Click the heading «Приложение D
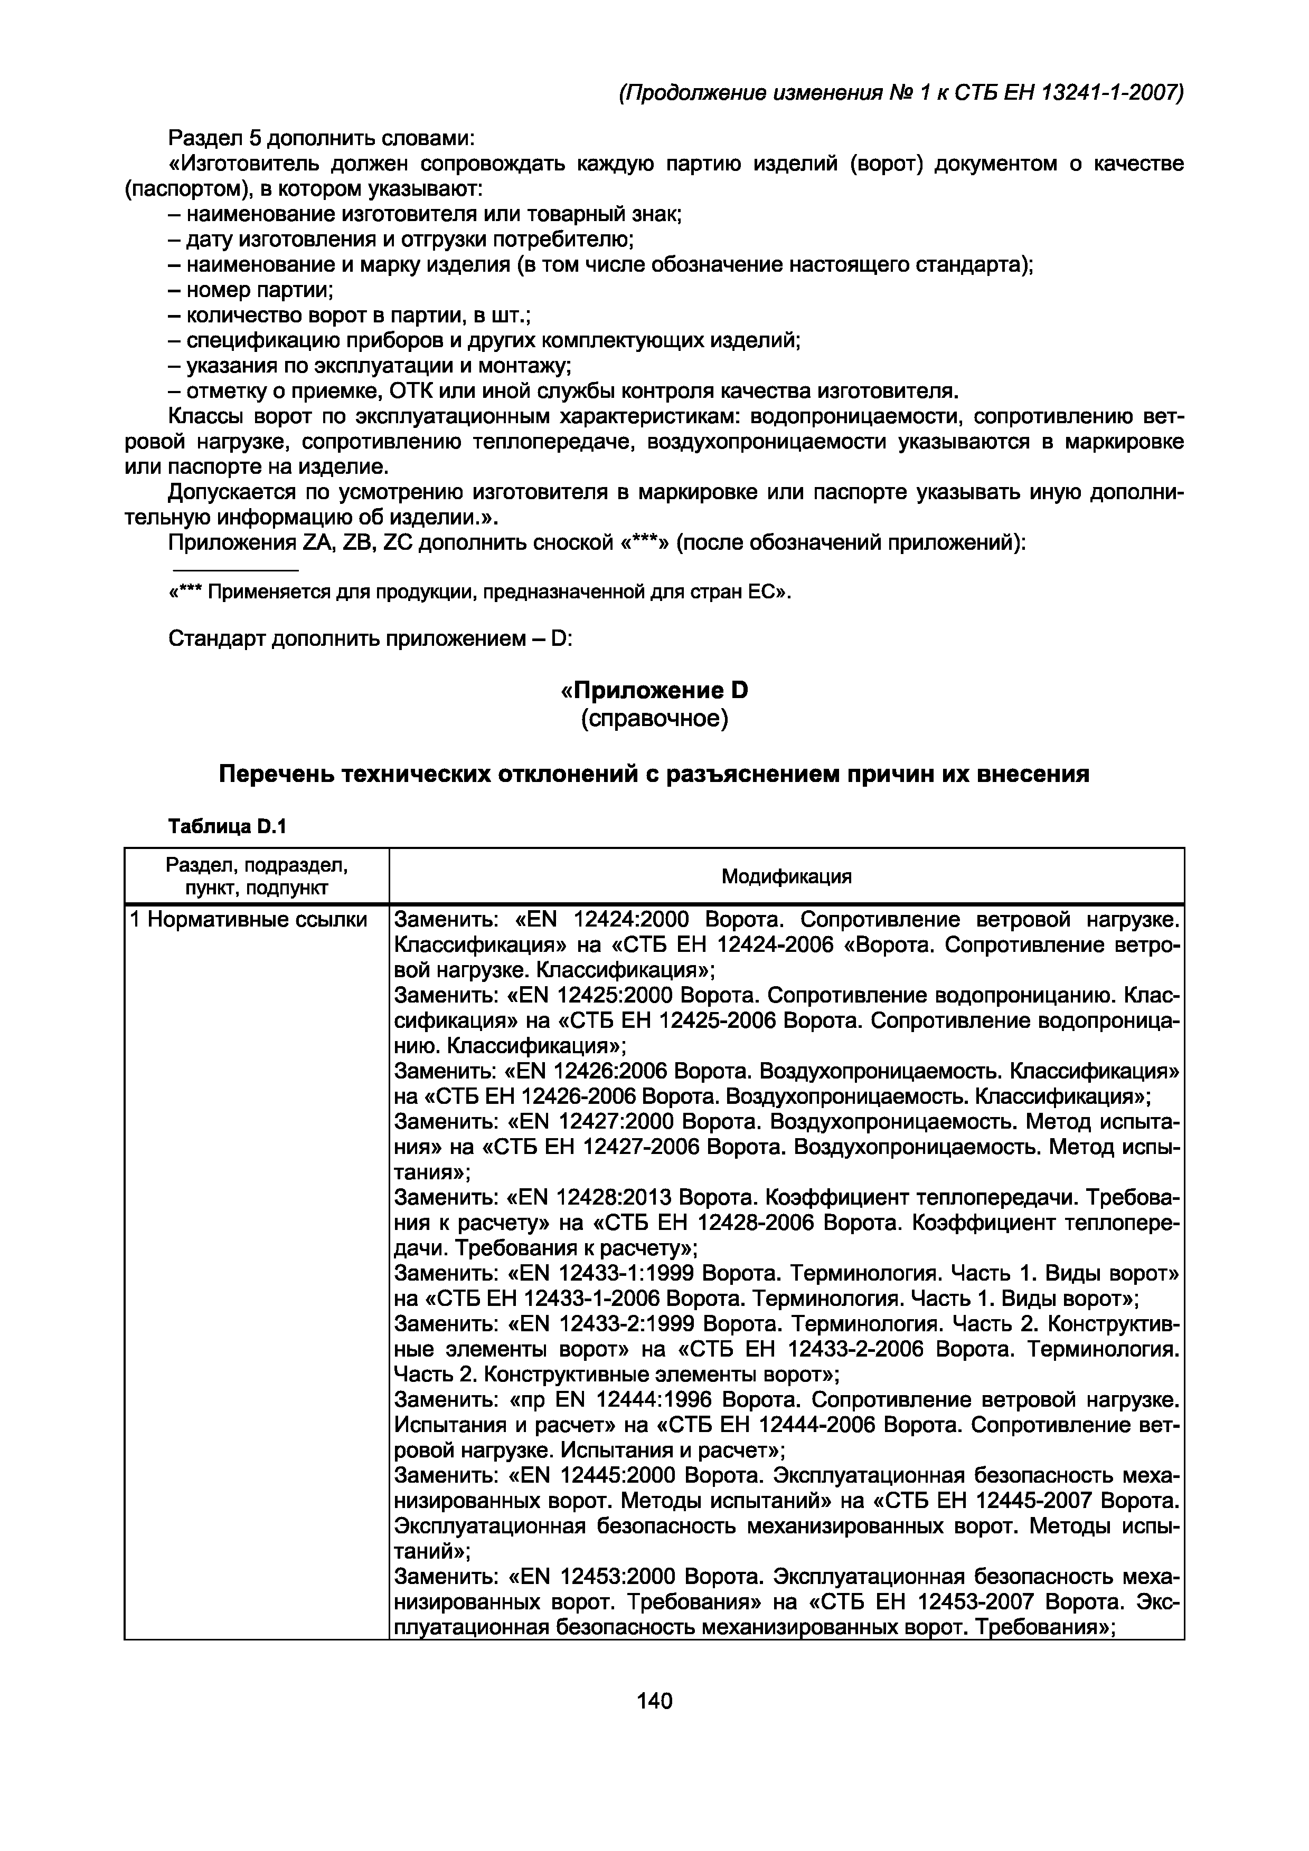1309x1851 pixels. pos(654,691)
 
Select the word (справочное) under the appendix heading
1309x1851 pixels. pos(654,718)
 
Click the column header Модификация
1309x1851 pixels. pos(786,876)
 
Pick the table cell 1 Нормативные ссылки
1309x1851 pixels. pos(248,920)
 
